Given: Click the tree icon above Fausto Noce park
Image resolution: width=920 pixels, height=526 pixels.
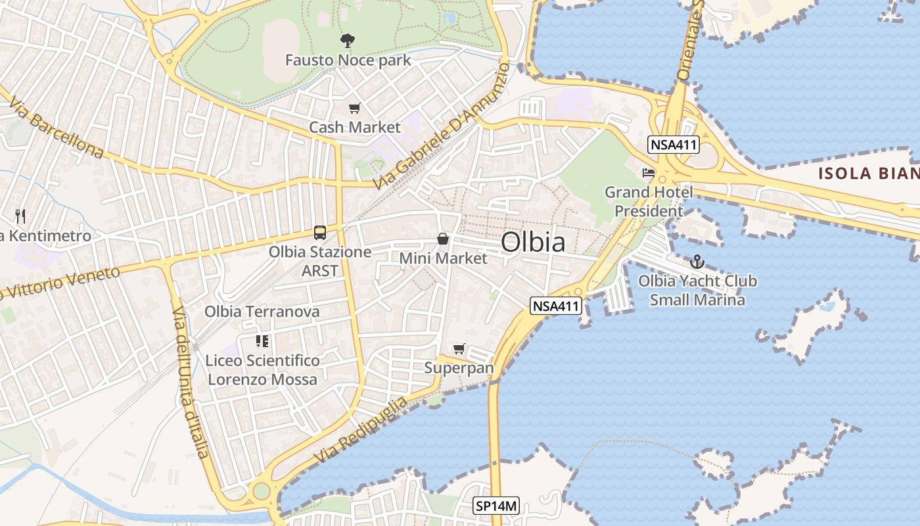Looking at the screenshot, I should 347,41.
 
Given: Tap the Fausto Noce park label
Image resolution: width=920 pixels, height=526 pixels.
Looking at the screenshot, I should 348,60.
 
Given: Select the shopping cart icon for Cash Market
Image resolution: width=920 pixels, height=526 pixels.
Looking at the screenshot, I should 355,108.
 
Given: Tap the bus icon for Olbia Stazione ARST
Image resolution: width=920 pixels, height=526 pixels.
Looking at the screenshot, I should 320,233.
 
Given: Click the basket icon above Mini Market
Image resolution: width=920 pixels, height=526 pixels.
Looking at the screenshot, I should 444,239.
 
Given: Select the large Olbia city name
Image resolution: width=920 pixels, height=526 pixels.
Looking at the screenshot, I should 532,242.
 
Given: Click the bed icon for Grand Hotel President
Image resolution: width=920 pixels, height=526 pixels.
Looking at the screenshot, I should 649,173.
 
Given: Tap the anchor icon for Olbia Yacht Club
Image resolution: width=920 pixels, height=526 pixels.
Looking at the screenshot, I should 697,262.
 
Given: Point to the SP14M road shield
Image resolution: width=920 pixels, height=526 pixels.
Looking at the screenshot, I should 496,506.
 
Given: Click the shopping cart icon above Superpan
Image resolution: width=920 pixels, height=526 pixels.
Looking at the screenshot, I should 459,348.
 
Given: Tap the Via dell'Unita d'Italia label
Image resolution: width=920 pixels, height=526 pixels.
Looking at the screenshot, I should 191,381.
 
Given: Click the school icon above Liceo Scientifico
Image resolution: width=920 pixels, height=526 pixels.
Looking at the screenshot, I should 262,341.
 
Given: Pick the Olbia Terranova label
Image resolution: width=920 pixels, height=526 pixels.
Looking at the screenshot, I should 262,312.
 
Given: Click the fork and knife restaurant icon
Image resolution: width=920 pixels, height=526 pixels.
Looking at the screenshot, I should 20,216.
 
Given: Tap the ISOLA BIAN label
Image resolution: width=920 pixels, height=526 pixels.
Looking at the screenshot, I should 867,174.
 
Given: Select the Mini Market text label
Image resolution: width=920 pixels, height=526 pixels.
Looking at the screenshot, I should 444,258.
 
